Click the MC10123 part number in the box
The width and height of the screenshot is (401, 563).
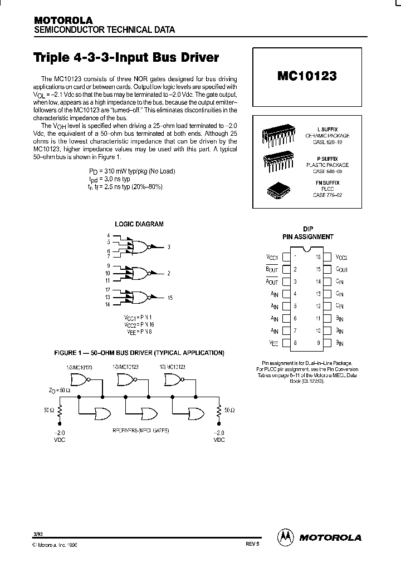pyautogui.click(x=306, y=76)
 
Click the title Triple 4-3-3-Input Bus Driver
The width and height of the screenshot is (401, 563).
pyautogui.click(x=126, y=58)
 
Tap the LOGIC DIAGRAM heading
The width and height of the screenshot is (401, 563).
pyautogui.click(x=139, y=224)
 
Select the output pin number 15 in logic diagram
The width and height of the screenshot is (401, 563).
pyautogui.click(x=170, y=298)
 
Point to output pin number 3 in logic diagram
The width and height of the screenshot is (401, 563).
pyautogui.click(x=169, y=246)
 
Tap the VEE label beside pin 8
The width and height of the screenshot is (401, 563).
pyautogui.click(x=273, y=343)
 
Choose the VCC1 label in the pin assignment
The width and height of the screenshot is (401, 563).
pyautogui.click(x=272, y=258)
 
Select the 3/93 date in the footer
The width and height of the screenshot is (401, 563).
pyautogui.click(x=37, y=535)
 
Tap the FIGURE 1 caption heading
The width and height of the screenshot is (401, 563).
pyautogui.click(x=139, y=353)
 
